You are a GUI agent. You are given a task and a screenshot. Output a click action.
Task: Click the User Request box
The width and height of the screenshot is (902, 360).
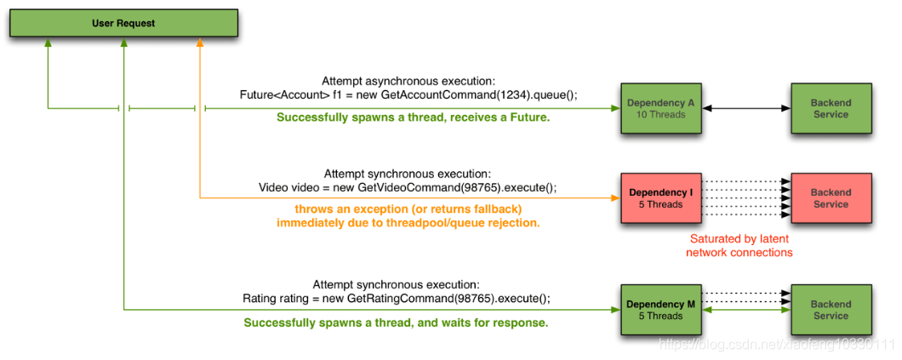pos(123,24)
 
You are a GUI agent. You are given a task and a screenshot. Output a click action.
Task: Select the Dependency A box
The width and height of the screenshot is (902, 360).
pos(661,108)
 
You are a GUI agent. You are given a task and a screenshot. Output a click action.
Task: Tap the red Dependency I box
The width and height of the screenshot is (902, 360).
pos(661,197)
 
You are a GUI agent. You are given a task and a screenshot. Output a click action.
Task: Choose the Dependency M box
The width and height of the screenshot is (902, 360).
pos(661,310)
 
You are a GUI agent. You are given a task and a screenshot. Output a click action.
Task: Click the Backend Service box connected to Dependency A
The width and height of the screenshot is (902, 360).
pos(831,108)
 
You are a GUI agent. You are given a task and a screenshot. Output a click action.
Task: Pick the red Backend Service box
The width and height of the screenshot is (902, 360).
pos(831,197)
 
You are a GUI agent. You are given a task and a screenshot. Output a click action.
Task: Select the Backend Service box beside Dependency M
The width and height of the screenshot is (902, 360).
pos(831,310)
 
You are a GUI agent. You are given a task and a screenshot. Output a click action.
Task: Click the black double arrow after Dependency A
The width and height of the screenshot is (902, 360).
pos(746,108)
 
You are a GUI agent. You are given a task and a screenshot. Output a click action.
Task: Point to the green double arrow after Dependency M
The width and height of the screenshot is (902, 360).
pos(746,310)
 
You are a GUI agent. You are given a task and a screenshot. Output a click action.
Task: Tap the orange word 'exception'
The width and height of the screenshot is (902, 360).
pos(374,209)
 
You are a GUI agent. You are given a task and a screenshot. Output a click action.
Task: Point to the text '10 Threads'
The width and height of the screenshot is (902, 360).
pos(661,114)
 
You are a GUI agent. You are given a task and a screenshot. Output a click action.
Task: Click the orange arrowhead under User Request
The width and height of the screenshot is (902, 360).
pos(200,43)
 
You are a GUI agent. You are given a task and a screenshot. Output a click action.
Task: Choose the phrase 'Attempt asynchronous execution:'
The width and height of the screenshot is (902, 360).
pos(408,81)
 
